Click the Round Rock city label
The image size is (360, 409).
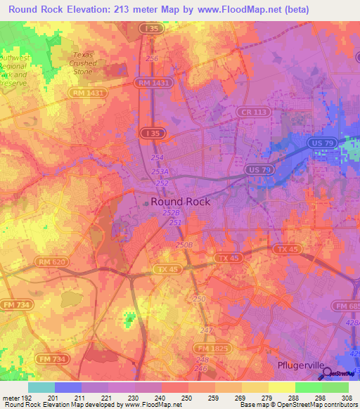click(180, 201)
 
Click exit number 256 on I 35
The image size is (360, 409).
click(152, 58)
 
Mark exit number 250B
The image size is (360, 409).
click(184, 245)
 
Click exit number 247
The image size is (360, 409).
click(205, 329)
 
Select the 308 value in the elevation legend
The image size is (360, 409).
click(347, 398)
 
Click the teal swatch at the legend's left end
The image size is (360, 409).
click(41, 387)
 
